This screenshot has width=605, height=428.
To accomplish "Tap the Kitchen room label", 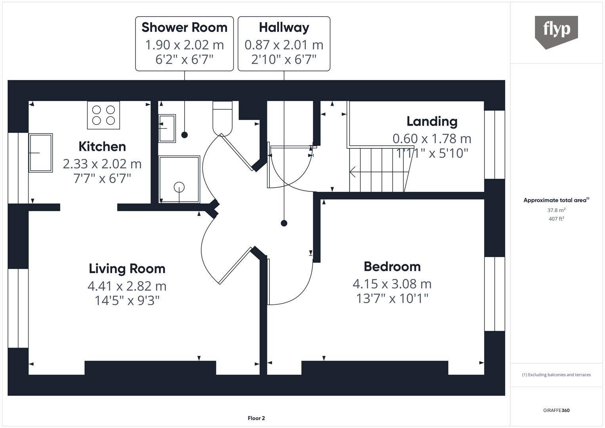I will click(x=102, y=146).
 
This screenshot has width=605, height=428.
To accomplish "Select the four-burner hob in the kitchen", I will click(x=103, y=115).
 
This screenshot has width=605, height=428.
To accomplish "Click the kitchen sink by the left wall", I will click(x=40, y=153).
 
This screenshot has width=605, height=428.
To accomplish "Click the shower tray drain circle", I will click(x=179, y=187).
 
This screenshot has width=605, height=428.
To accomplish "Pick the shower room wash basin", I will click(x=167, y=128).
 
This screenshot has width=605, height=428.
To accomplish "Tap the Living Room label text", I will click(x=127, y=268).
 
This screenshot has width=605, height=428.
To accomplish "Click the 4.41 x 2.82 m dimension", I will click(x=127, y=286).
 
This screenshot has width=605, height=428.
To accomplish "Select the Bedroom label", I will click(x=392, y=266).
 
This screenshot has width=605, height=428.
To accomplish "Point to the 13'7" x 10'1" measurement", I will click(x=392, y=298).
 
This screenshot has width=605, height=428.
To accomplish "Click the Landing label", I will click(x=432, y=121).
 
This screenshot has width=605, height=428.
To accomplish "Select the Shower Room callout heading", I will click(x=184, y=27).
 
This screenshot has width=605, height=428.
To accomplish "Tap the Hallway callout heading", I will click(x=284, y=27).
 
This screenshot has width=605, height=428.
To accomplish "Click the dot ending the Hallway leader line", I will click(x=284, y=223).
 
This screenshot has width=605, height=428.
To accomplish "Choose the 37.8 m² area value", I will click(x=556, y=210).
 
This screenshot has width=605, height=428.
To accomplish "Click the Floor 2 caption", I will click(x=256, y=418).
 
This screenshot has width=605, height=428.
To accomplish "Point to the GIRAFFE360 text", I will click(x=556, y=410).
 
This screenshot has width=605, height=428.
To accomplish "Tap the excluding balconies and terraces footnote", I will click(x=556, y=374).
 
